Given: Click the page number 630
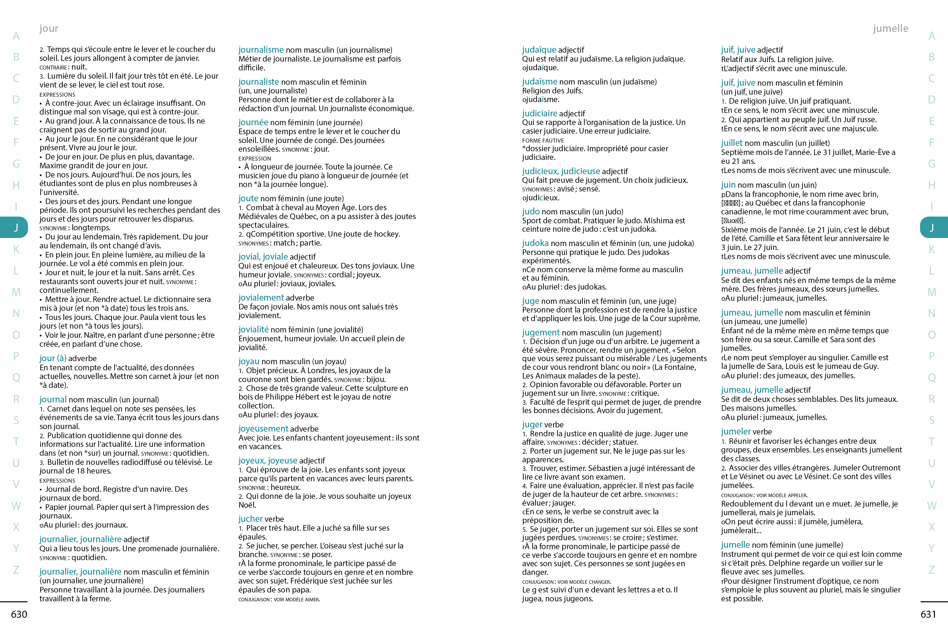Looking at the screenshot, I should (x=19, y=614).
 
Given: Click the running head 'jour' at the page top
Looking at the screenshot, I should (x=49, y=28).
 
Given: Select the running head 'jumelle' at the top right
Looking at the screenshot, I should (x=890, y=28).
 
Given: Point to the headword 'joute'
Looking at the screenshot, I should (x=248, y=198).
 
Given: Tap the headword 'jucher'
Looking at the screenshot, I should (x=250, y=519).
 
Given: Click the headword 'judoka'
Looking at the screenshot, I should (x=535, y=243).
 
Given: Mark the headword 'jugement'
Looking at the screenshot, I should (x=540, y=333).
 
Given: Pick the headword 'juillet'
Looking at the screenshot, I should (x=731, y=143).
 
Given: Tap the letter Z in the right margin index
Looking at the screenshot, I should (x=931, y=570).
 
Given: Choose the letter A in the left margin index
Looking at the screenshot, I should (x=16, y=36).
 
